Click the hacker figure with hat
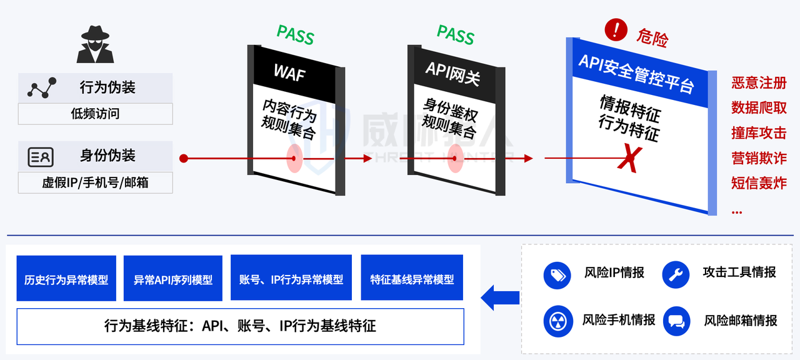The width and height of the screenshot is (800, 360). (x=95, y=45)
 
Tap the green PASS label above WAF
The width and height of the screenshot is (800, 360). (x=296, y=35)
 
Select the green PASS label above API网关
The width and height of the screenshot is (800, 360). (x=456, y=35)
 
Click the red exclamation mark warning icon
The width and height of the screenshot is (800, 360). (x=616, y=29)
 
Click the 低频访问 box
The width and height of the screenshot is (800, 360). (x=95, y=114)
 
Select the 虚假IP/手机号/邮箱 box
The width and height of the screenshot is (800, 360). (x=95, y=182)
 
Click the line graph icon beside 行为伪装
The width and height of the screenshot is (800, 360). (x=42, y=88)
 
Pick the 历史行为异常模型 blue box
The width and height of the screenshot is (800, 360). (x=66, y=279)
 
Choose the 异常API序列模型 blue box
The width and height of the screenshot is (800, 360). (x=173, y=279)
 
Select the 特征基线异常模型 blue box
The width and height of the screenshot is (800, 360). (x=412, y=279)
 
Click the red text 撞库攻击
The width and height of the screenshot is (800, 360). (x=759, y=133)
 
